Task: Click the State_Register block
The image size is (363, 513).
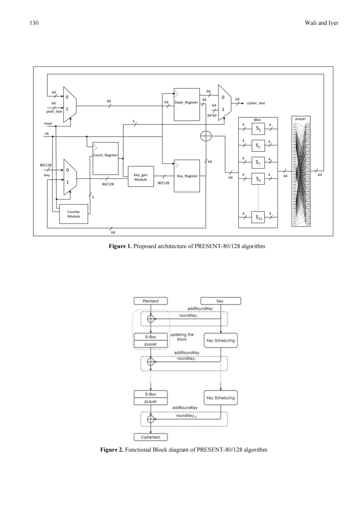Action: tap(187, 105)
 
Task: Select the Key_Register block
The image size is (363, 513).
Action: tap(187, 176)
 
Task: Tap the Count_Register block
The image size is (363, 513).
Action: tap(106, 159)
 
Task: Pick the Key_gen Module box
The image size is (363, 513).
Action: tap(141, 176)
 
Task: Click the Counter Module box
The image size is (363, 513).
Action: tap(73, 214)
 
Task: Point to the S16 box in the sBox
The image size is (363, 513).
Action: tap(258, 217)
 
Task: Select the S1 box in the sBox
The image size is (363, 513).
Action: tap(258, 129)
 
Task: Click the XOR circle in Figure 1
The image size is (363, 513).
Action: tap(206, 136)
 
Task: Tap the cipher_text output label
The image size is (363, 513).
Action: tap(256, 103)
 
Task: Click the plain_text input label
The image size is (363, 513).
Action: tap(54, 111)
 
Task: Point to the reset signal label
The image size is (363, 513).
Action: tap(48, 124)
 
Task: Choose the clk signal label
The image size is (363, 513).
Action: tap(46, 133)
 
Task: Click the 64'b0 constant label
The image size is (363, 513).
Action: tap(212, 116)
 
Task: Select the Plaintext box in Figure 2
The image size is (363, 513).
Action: tap(151, 301)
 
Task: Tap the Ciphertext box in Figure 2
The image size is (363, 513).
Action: tap(151, 437)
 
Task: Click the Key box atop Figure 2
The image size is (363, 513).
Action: tap(220, 301)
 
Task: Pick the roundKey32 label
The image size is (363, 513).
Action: tap(186, 416)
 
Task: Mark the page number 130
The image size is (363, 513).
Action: tap(34, 23)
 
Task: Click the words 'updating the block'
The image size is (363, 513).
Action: tap(182, 337)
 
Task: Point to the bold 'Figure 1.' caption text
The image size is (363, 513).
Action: tap(120, 246)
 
